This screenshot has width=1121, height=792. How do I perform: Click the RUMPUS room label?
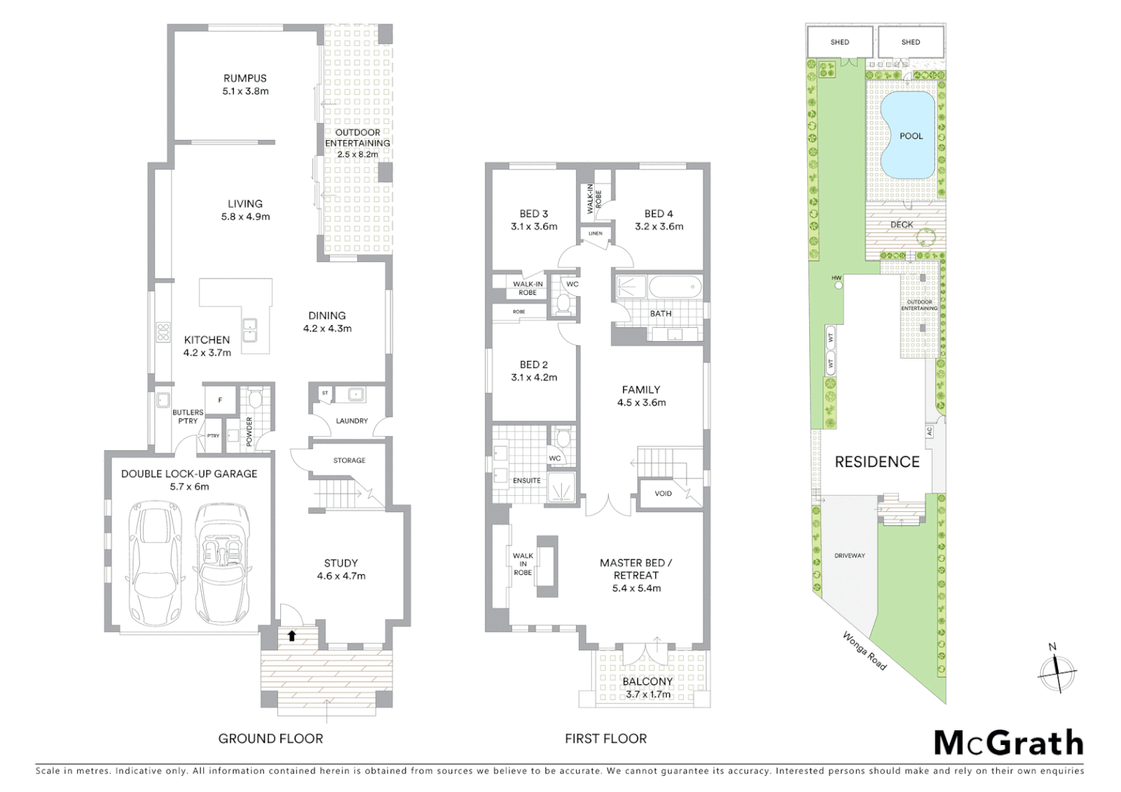pyautogui.click(x=245, y=78)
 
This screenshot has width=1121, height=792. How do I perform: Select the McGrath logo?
pyautogui.click(x=1008, y=743)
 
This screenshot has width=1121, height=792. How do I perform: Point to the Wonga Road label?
pyautogui.click(x=864, y=650)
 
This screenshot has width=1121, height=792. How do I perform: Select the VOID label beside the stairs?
pyautogui.click(x=662, y=494)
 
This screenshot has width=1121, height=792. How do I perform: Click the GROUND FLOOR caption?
pyautogui.click(x=270, y=738)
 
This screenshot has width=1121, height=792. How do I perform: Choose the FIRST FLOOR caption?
pyautogui.click(x=605, y=738)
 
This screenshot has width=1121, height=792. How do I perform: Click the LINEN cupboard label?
pyautogui.click(x=595, y=234)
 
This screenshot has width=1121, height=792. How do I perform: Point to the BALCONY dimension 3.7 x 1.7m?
pyautogui.click(x=647, y=694)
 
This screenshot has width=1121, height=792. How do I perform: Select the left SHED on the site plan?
pyautogui.click(x=839, y=42)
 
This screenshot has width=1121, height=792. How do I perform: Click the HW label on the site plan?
pyautogui.click(x=836, y=278)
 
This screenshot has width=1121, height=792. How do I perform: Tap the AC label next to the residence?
pyautogui.click(x=930, y=432)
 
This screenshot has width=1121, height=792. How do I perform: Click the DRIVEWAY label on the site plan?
pyautogui.click(x=850, y=556)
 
